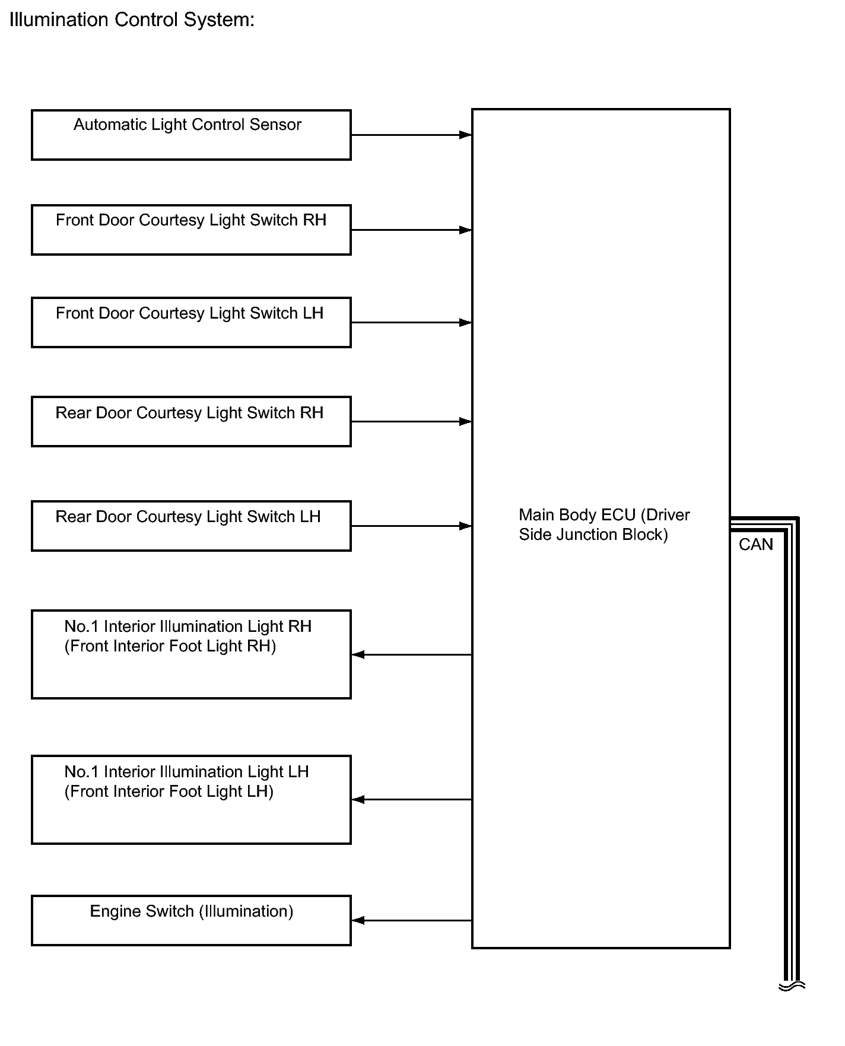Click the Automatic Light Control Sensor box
[191, 135]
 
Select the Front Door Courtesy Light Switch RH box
[191, 230]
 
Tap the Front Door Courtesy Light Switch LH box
[191, 322]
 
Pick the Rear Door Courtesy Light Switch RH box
[191, 421]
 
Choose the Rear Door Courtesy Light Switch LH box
[191, 526]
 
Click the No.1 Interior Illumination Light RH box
[191, 654]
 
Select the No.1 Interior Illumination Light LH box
[191, 799]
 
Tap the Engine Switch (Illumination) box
[191, 920]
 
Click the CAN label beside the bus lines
[755, 545]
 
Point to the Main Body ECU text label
[604, 524]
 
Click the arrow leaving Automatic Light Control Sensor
[411, 135]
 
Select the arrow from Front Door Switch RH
[411, 230]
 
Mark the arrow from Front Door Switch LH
[411, 323]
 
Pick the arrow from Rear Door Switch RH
[411, 422]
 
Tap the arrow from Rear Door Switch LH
[411, 526]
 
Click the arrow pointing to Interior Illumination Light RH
[411, 654]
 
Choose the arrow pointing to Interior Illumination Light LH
[411, 800]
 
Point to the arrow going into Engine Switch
[411, 920]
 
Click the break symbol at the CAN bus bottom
[792, 986]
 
